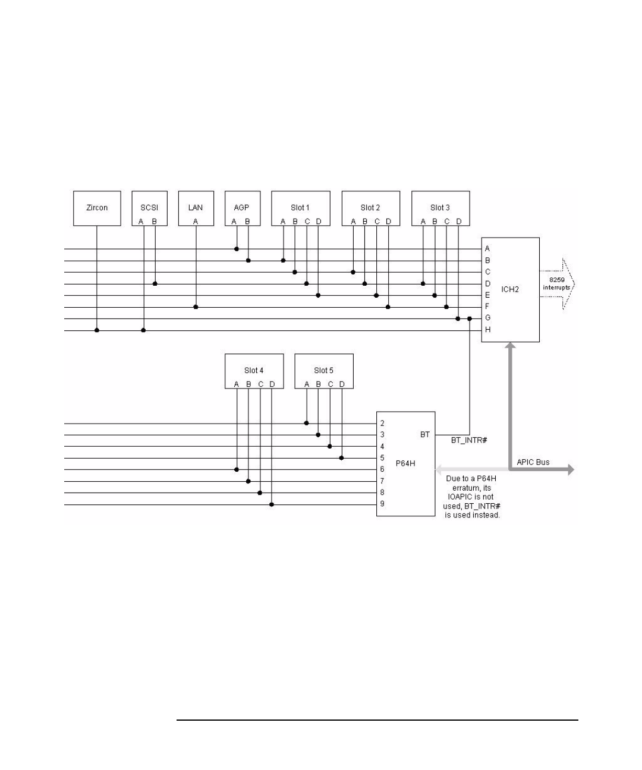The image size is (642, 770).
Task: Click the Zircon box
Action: (97, 208)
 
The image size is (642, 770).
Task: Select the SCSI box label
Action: (149, 207)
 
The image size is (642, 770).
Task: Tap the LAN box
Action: (196, 207)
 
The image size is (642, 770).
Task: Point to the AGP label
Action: (241, 207)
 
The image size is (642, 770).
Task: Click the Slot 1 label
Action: (300, 207)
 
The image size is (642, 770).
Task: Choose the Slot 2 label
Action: (370, 207)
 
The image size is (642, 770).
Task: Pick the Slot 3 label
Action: (440, 207)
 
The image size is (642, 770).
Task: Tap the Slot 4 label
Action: (254, 370)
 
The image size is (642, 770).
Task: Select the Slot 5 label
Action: (324, 370)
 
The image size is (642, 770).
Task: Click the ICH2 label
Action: (510, 289)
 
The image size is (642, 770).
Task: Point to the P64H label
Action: (405, 463)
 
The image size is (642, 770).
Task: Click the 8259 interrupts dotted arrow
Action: (556, 284)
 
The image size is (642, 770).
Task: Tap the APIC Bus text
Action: (533, 462)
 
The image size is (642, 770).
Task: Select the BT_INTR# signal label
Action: (468, 441)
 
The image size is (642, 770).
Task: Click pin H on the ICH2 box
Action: (488, 330)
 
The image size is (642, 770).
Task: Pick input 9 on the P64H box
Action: (382, 504)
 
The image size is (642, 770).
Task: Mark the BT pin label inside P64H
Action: (425, 435)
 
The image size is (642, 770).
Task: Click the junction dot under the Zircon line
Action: (97, 330)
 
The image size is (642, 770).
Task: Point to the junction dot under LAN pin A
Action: (196, 307)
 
